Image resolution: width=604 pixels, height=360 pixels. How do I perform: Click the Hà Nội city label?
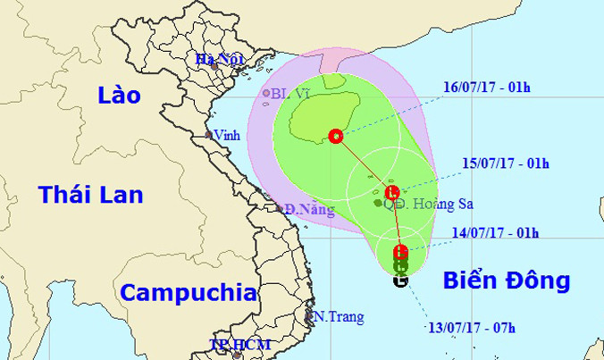click(x=219, y=61)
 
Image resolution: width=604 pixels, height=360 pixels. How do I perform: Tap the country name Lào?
click(x=119, y=96)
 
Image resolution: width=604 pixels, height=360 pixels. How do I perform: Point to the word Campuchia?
click(x=189, y=292)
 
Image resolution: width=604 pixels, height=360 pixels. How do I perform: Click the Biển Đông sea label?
click(x=506, y=281)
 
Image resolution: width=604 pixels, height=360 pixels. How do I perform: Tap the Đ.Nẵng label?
click(x=309, y=211)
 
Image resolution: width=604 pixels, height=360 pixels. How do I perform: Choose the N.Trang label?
click(x=331, y=315)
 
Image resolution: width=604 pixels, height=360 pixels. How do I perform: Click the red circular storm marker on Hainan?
click(x=336, y=137)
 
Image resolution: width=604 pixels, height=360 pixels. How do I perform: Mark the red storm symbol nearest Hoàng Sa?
click(x=391, y=192)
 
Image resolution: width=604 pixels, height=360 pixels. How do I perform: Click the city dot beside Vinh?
click(x=208, y=136)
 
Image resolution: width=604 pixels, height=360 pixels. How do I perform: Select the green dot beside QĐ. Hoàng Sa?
click(x=378, y=203)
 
